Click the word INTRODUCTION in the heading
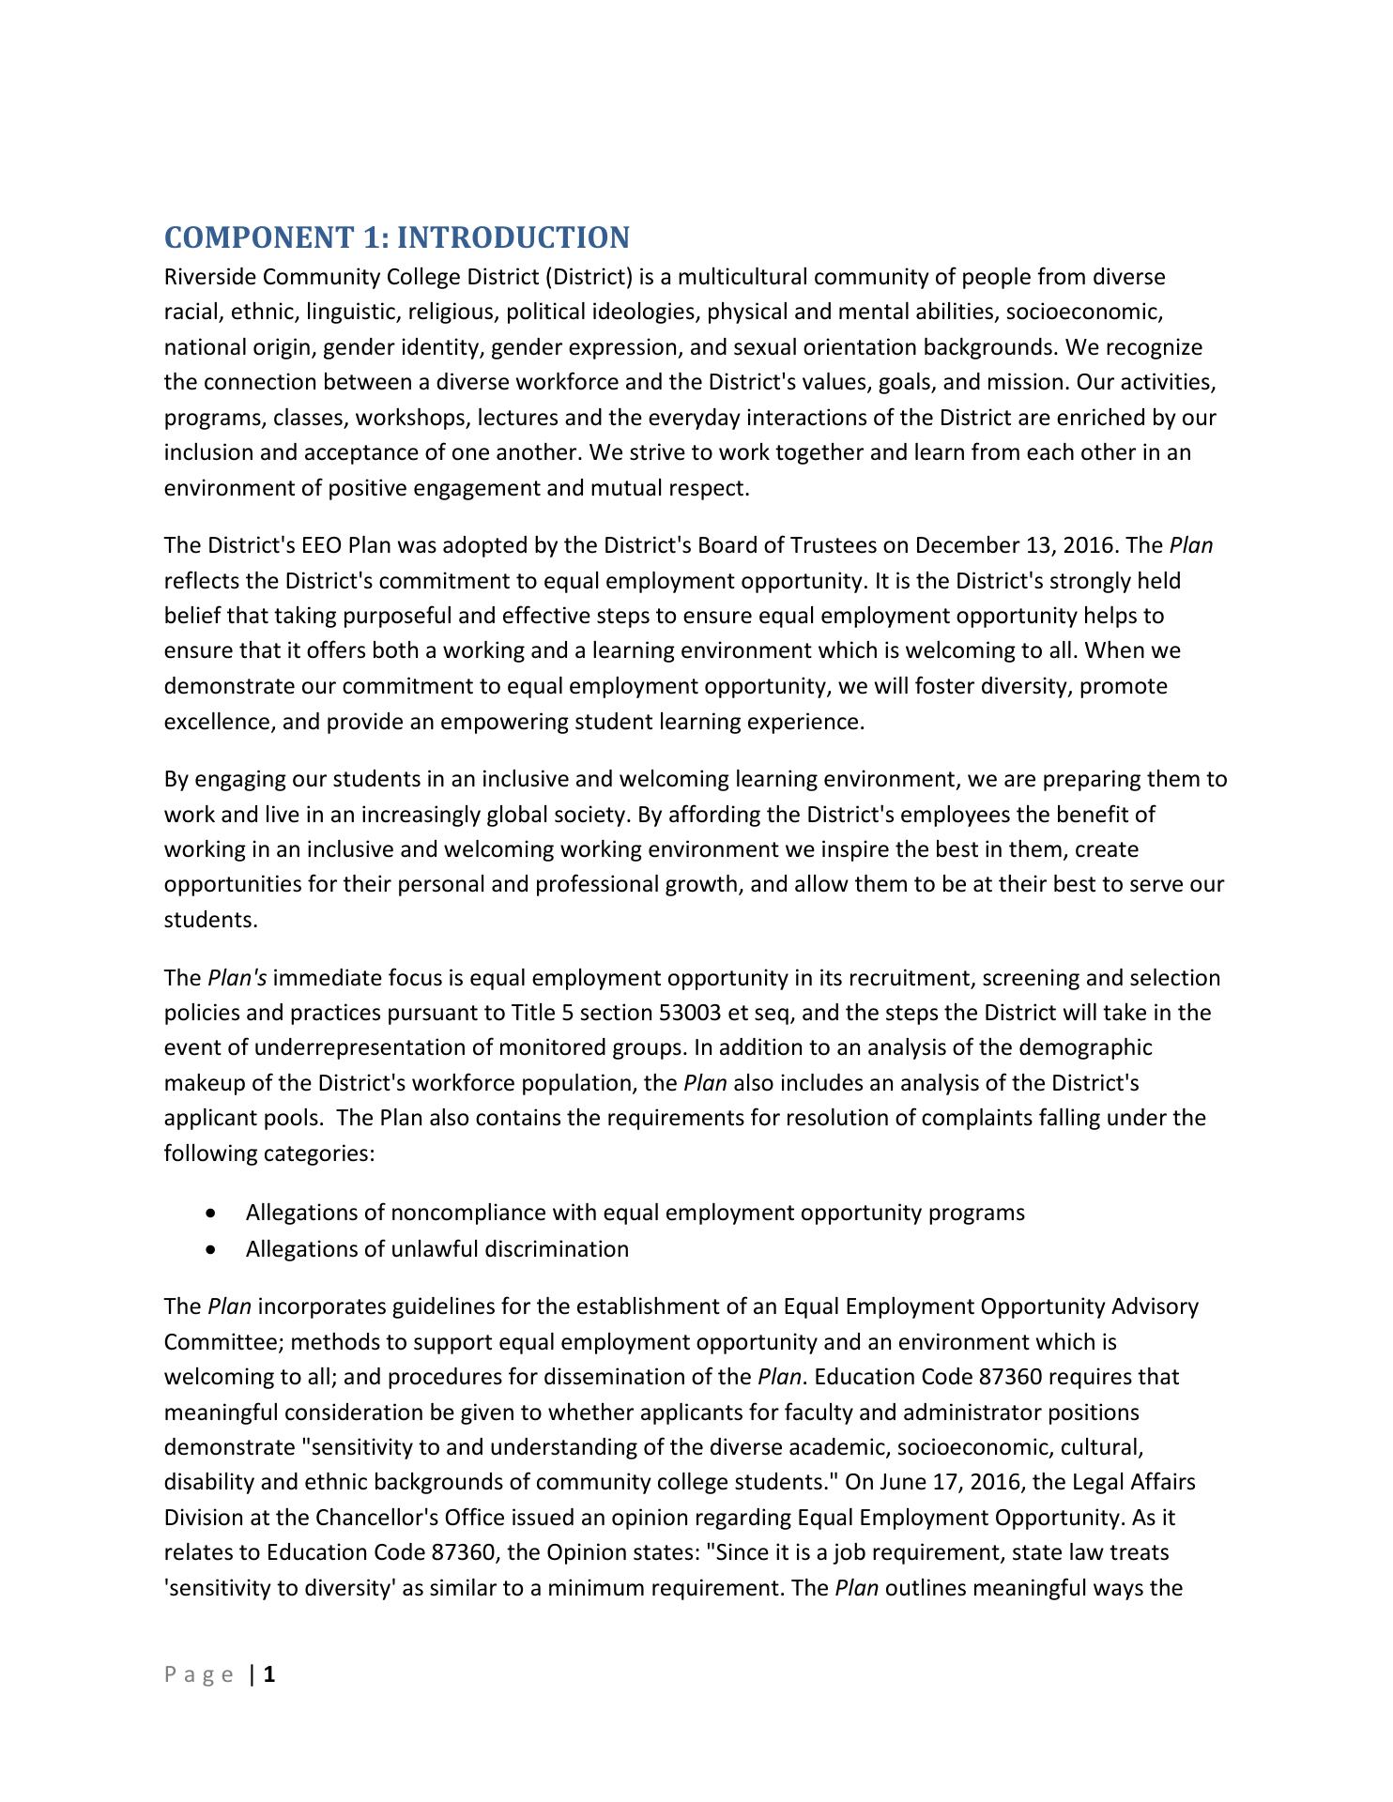513,237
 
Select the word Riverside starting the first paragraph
210,277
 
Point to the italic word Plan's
237,978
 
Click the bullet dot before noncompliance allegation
215,1214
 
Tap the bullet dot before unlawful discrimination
215,1250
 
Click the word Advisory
1155,1306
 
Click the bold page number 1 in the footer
269,1674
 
